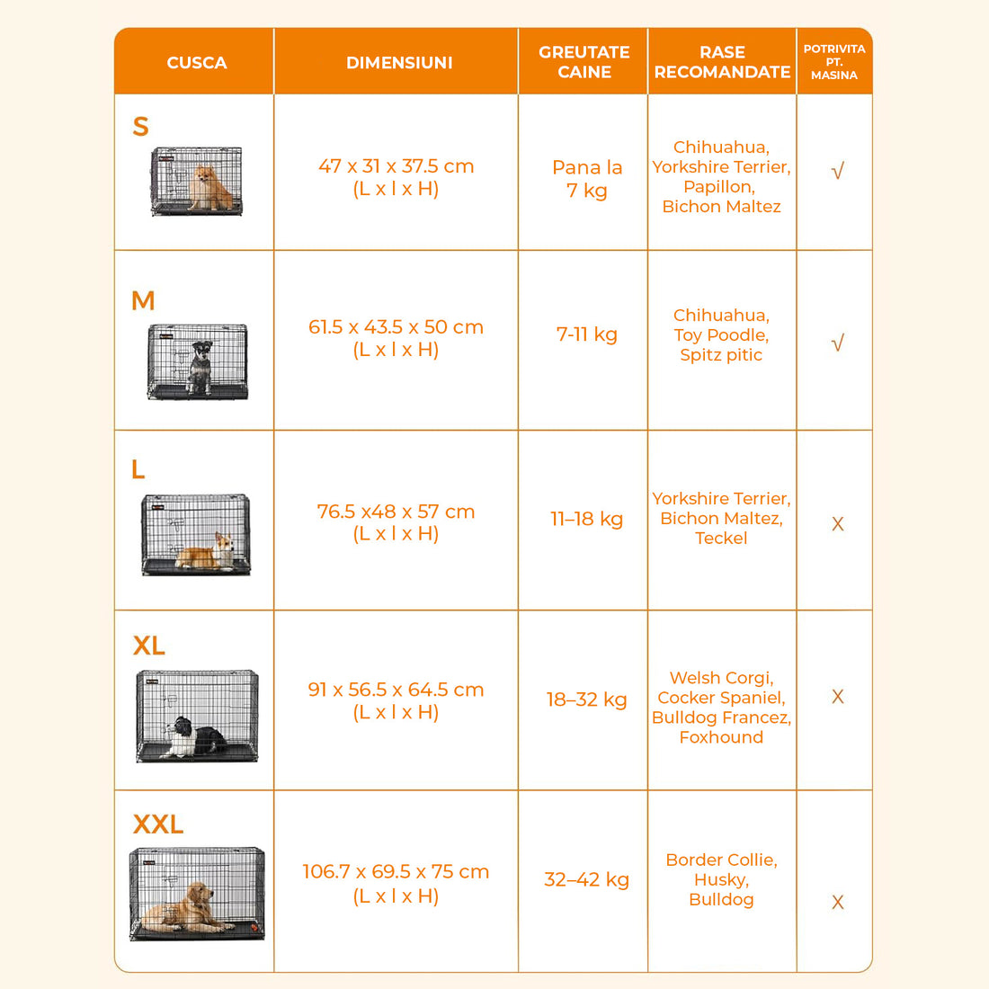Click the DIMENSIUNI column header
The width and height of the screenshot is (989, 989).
(399, 62)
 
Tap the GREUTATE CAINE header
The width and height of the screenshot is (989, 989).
(584, 62)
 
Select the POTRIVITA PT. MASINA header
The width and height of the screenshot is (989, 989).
(833, 62)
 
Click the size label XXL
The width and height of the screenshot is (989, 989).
(157, 824)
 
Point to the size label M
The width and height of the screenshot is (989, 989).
(143, 301)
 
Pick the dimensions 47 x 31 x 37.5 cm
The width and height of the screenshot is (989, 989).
(396, 166)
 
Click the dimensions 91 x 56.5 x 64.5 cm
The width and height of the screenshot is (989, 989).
(396, 690)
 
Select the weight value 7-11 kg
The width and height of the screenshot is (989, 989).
(586, 334)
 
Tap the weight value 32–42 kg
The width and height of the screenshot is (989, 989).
(586, 879)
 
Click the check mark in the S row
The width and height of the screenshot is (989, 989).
(838, 171)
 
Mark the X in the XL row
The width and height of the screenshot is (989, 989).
(838, 696)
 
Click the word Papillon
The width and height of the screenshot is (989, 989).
(719, 187)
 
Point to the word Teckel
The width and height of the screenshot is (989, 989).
(721, 538)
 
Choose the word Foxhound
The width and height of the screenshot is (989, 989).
(721, 736)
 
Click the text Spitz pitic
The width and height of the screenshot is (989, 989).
(721, 355)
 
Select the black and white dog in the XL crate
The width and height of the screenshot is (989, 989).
(195, 737)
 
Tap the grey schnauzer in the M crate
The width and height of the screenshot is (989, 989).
(200, 367)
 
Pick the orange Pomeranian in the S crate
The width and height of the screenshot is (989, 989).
(210, 187)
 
